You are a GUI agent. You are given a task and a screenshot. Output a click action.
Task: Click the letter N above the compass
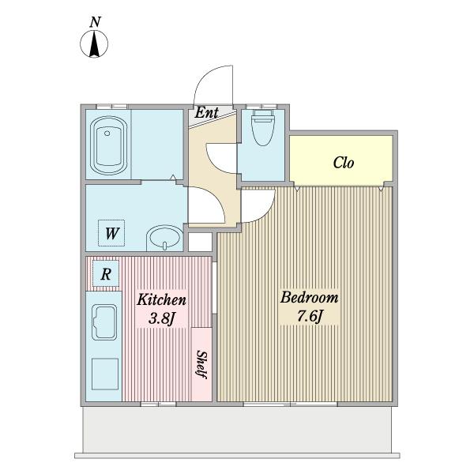tap(96, 22)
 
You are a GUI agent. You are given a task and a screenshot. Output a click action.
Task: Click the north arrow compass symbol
tap(94, 44)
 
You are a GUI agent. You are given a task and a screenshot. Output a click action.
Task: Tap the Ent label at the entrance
tap(206, 113)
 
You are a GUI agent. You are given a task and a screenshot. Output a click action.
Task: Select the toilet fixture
tap(263, 127)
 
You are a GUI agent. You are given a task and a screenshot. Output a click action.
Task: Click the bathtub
tap(108, 145)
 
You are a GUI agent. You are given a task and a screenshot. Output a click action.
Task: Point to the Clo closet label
tap(344, 163)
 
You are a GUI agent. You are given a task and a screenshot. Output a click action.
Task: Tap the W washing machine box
tap(111, 233)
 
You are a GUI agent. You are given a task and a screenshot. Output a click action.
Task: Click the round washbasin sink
tap(165, 238)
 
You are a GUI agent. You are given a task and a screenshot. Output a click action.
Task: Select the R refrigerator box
tap(106, 274)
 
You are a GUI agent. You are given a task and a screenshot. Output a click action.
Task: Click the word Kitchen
tap(161, 299)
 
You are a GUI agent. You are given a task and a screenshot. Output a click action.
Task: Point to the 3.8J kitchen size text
tap(162, 318)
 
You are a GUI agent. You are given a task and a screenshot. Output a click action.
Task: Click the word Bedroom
tap(309, 298)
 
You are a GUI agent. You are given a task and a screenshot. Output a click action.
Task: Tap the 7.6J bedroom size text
tap(310, 316)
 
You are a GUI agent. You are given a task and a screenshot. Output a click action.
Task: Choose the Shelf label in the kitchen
tap(201, 364)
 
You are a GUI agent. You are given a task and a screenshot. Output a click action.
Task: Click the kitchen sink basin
tap(104, 322)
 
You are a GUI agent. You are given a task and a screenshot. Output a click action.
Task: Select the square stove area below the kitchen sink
tap(105, 374)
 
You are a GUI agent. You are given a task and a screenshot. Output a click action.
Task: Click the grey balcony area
tap(237, 429)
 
